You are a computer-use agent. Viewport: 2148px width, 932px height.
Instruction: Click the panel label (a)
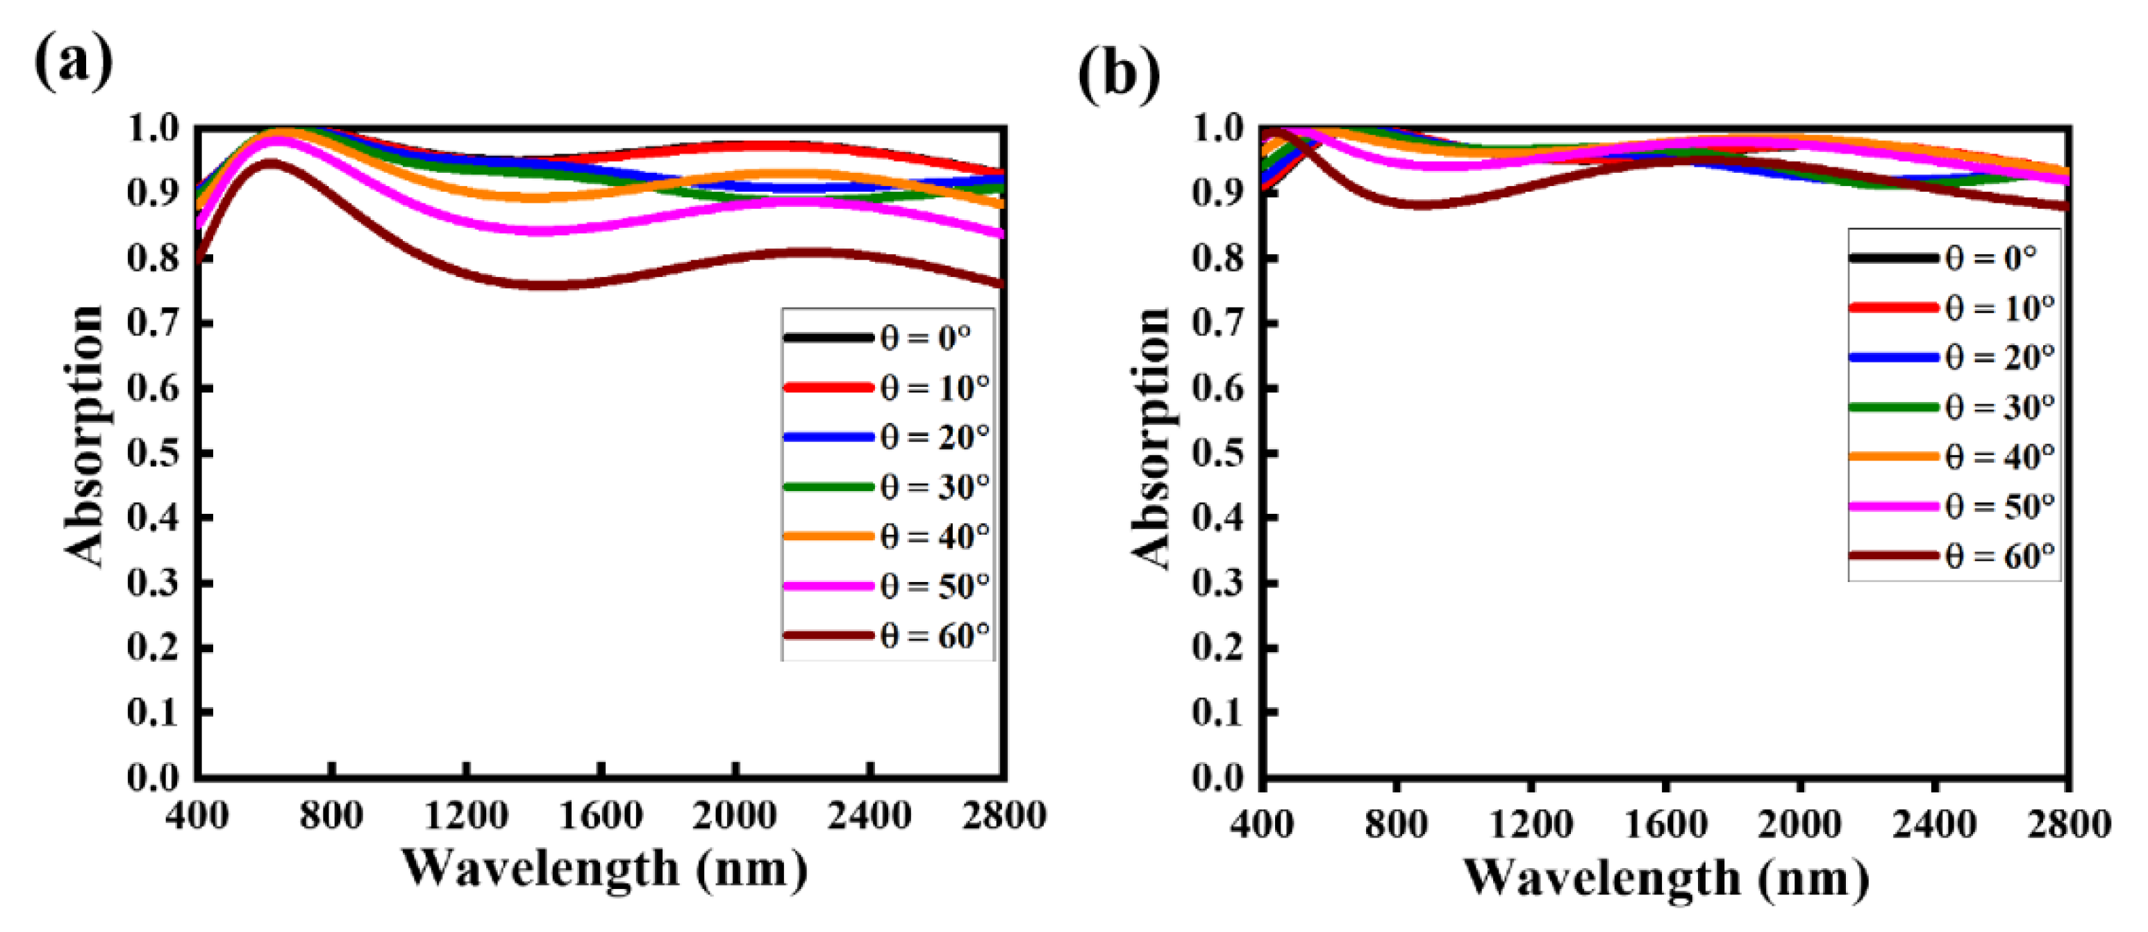tap(74, 63)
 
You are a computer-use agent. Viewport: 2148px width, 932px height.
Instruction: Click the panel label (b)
tap(1118, 74)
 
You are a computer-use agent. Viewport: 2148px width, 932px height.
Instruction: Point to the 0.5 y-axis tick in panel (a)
tap(153, 453)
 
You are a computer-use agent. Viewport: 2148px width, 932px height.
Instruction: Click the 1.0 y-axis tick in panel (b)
tap(1219, 129)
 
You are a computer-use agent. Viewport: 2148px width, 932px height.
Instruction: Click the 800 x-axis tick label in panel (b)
tap(1396, 824)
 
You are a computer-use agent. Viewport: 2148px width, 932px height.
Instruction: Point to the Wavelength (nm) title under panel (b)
tap(1665, 878)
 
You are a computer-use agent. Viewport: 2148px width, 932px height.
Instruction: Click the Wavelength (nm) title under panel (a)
tap(605, 869)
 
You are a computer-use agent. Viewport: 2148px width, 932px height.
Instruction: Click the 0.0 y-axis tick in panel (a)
tap(153, 778)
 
